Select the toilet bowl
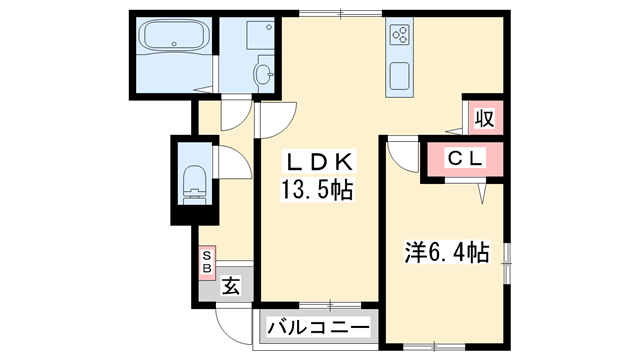196,183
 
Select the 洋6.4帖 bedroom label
445,253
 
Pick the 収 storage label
484,118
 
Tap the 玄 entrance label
231,287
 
